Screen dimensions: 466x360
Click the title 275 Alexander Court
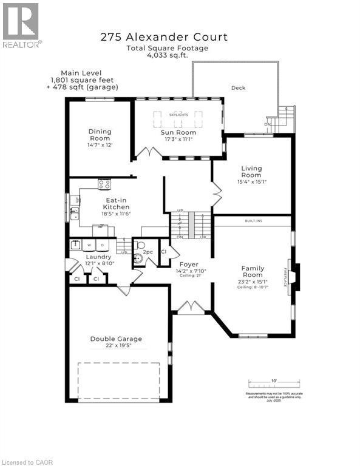pos(164,37)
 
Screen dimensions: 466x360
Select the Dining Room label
pos(99,135)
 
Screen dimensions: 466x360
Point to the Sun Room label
pos(178,132)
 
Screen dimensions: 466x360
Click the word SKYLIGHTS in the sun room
pos(178,115)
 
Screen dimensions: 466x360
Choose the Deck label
pos(238,88)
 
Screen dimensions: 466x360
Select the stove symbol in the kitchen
pos(104,184)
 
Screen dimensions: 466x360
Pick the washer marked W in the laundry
pos(89,245)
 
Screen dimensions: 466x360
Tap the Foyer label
pos(188,265)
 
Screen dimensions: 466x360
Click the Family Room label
pos(253,271)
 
